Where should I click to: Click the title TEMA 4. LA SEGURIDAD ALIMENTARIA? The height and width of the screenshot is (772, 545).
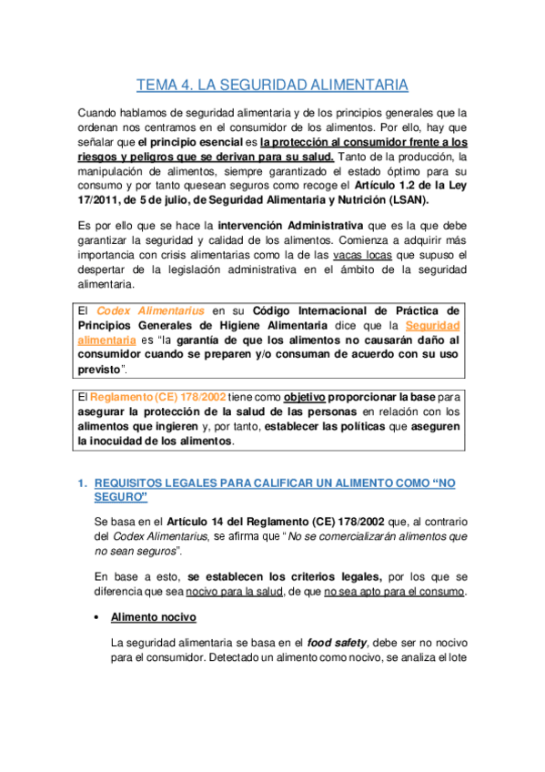pos(272,86)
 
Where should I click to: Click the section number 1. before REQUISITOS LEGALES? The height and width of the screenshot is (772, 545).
pos(82,484)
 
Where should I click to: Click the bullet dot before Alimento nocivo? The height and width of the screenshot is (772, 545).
pos(96,617)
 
